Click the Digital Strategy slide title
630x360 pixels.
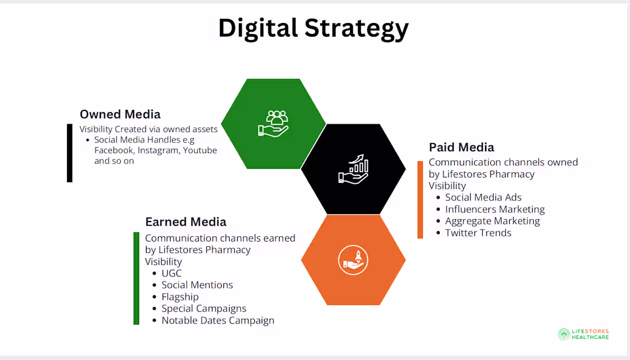pos(313,29)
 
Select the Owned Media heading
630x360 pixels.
pos(120,114)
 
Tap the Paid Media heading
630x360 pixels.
pos(462,148)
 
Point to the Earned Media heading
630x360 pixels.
pos(186,221)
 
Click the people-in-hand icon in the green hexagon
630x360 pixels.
pos(273,123)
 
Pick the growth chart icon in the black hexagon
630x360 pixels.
pos(353,169)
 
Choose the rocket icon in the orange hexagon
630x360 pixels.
pos(353,259)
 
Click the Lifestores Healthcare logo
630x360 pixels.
pos(584,334)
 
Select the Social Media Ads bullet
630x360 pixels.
pos(483,197)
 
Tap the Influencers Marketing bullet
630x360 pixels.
pos(495,209)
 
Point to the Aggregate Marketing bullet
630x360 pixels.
pos(493,221)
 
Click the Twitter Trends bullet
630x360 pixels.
pos(478,233)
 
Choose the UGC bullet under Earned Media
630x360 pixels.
pos(171,273)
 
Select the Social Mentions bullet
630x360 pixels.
pos(197,285)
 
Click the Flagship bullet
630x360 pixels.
pos(180,296)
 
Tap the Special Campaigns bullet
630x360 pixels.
pos(204,308)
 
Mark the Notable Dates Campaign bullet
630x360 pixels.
pos(218,321)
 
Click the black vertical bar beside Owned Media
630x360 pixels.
pos(70,153)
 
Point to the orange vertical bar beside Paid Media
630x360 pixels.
pos(420,200)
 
